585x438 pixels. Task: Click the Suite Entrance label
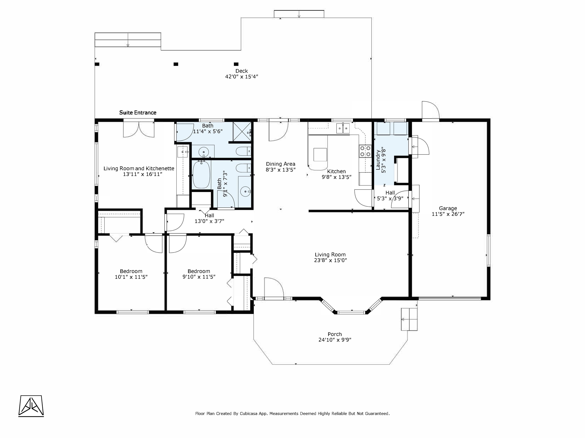(138, 113)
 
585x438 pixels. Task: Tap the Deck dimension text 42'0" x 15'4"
(241, 77)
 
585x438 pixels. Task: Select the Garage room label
(448, 208)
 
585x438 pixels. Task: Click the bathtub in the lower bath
(201, 175)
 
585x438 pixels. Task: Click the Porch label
(335, 334)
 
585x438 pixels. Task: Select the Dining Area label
(281, 164)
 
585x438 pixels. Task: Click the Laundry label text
(378, 160)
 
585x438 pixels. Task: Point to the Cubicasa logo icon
(31, 406)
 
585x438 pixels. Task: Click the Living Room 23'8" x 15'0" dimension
(331, 260)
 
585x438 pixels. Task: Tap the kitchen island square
(320, 154)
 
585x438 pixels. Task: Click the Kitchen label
(336, 171)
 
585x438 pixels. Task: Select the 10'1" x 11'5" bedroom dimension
(131, 277)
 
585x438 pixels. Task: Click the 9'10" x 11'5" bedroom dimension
(199, 277)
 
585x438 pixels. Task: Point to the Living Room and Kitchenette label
(139, 168)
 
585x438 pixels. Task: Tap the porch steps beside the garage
(409, 319)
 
